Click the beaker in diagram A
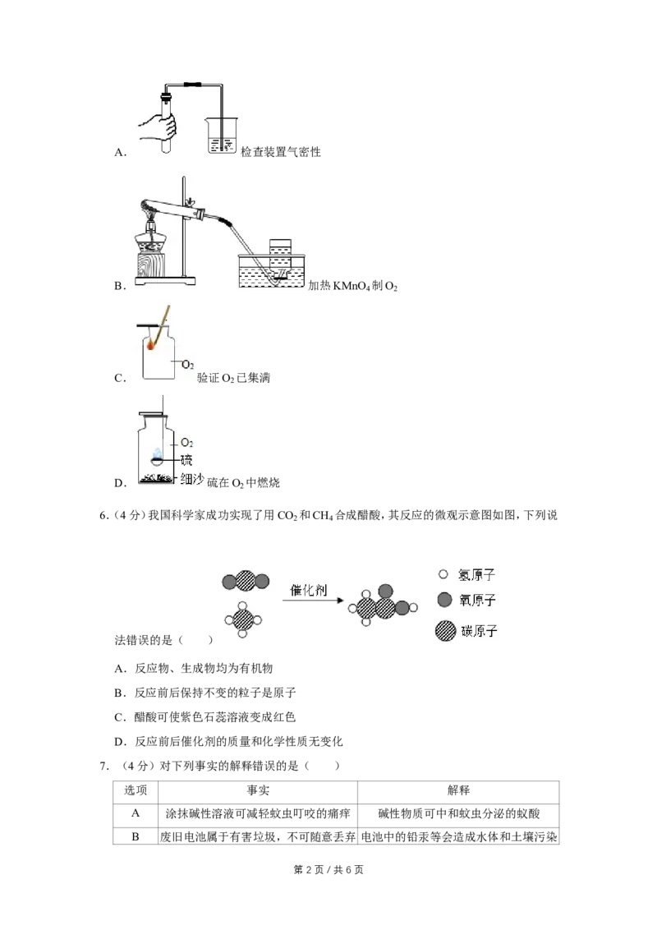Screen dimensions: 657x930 click(x=221, y=136)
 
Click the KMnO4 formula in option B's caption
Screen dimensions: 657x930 click(x=351, y=286)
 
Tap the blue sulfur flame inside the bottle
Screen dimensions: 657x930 click(x=157, y=453)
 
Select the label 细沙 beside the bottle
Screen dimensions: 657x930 click(x=192, y=479)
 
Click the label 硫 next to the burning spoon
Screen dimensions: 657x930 click(x=186, y=460)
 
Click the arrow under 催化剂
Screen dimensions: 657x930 click(x=313, y=601)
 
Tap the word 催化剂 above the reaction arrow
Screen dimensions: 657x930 click(x=308, y=590)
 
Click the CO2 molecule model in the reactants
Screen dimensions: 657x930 click(x=246, y=582)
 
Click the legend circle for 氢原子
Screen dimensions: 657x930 click(x=443, y=574)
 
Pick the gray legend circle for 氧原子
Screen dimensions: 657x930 click(x=445, y=600)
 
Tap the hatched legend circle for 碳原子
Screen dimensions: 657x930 click(x=445, y=631)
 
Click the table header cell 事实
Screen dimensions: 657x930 click(x=258, y=790)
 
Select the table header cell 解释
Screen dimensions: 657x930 click(x=458, y=790)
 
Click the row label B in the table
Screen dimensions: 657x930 click(x=136, y=836)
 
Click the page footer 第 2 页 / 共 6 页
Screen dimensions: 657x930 click(x=328, y=869)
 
